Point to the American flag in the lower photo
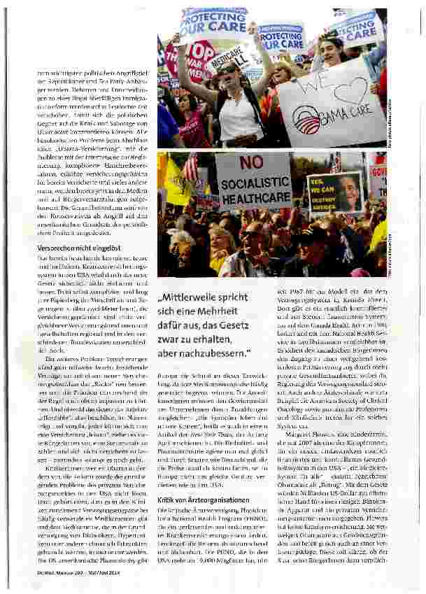pyautogui.click(x=190, y=168)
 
